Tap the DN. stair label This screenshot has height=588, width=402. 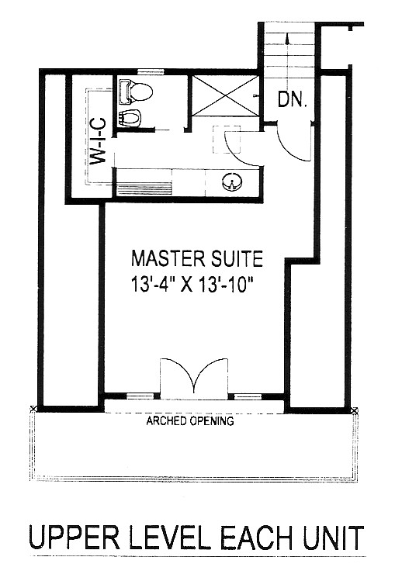[293, 100]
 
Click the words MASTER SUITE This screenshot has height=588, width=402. [197, 258]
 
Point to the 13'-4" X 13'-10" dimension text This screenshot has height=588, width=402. [190, 283]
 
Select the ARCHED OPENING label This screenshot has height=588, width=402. [190, 420]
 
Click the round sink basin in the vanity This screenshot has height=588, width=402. [232, 182]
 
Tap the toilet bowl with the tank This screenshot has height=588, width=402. [136, 92]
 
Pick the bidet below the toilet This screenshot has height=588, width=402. [130, 118]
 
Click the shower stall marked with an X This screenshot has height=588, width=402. [225, 95]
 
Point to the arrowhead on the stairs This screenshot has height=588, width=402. [287, 37]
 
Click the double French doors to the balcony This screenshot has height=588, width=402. [194, 376]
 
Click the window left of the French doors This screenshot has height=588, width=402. [140, 396]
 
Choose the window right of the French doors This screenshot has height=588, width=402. [248, 396]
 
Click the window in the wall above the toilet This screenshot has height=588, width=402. [151, 71]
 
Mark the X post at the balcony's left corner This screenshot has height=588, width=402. [33, 408]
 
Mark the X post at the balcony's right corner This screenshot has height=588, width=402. [355, 410]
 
